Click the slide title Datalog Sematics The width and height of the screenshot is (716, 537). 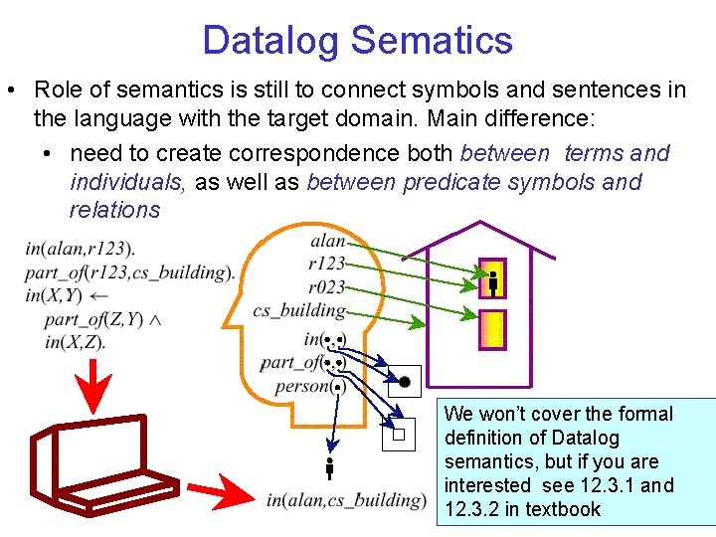[x=358, y=41]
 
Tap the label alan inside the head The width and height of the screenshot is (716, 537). [x=327, y=242]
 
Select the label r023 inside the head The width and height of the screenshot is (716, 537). [x=326, y=287]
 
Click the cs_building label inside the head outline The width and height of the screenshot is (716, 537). [x=298, y=310]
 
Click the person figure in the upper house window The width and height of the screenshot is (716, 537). [x=492, y=281]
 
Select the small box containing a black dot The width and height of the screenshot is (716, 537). [x=405, y=382]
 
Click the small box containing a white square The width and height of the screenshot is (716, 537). [x=398, y=434]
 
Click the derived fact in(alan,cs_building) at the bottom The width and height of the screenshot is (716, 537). [x=345, y=500]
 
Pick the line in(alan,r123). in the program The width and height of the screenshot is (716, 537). [x=81, y=249]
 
